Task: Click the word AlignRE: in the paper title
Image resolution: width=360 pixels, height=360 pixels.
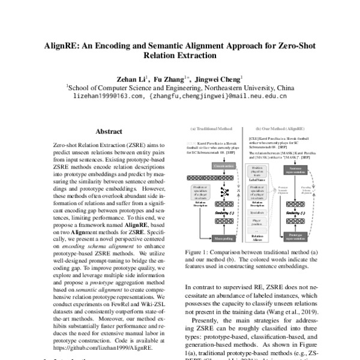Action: coord(63,46)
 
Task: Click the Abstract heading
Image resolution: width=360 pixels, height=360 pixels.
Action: coord(109,131)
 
